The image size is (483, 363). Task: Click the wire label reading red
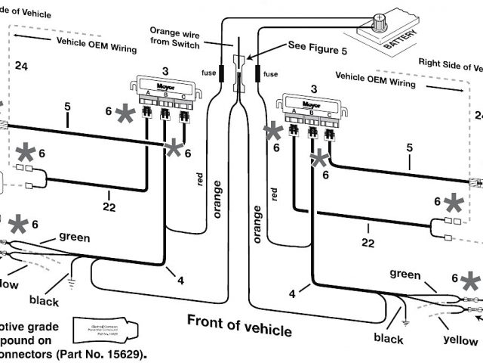click(x=200, y=179)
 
